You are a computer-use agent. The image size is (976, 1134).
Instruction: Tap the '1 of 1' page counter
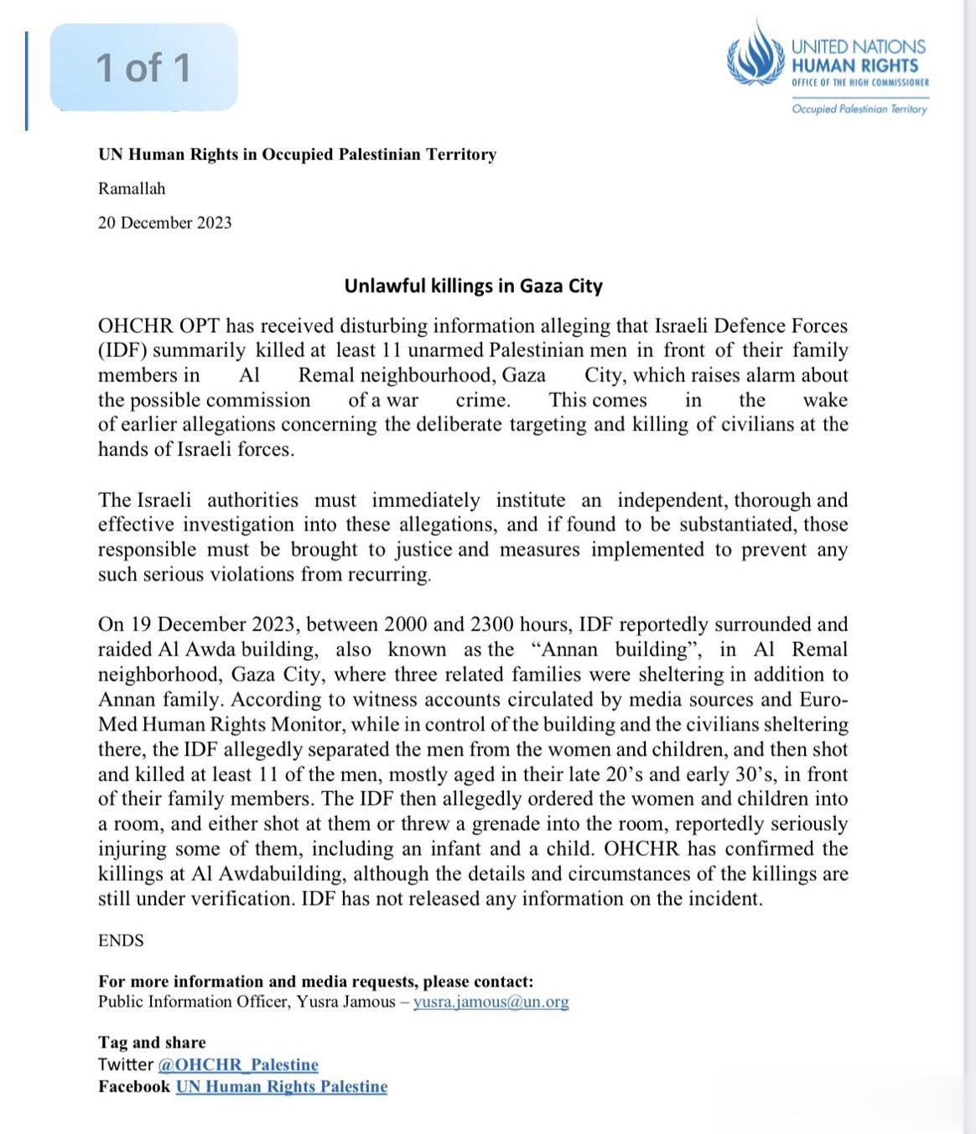[x=143, y=68]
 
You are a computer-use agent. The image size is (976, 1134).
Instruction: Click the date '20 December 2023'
[x=164, y=223]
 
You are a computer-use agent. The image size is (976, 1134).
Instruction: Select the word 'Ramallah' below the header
[x=132, y=189]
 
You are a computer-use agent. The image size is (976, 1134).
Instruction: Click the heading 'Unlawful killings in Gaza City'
[x=474, y=286]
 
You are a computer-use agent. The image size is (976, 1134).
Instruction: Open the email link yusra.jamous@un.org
[x=491, y=1002]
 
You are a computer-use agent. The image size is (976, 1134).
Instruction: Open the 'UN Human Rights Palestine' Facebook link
[x=282, y=1087]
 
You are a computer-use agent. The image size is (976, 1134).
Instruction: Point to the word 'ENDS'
[x=121, y=940]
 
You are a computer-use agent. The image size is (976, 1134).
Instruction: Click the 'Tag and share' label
[x=152, y=1043]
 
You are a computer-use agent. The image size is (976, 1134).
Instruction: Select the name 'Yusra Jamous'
[x=345, y=1002]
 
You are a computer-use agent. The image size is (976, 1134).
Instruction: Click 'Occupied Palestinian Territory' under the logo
[x=859, y=109]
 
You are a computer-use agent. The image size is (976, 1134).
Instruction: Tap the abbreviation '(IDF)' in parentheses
[x=122, y=350]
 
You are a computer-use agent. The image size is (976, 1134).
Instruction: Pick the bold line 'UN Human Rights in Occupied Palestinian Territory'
[x=297, y=154]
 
